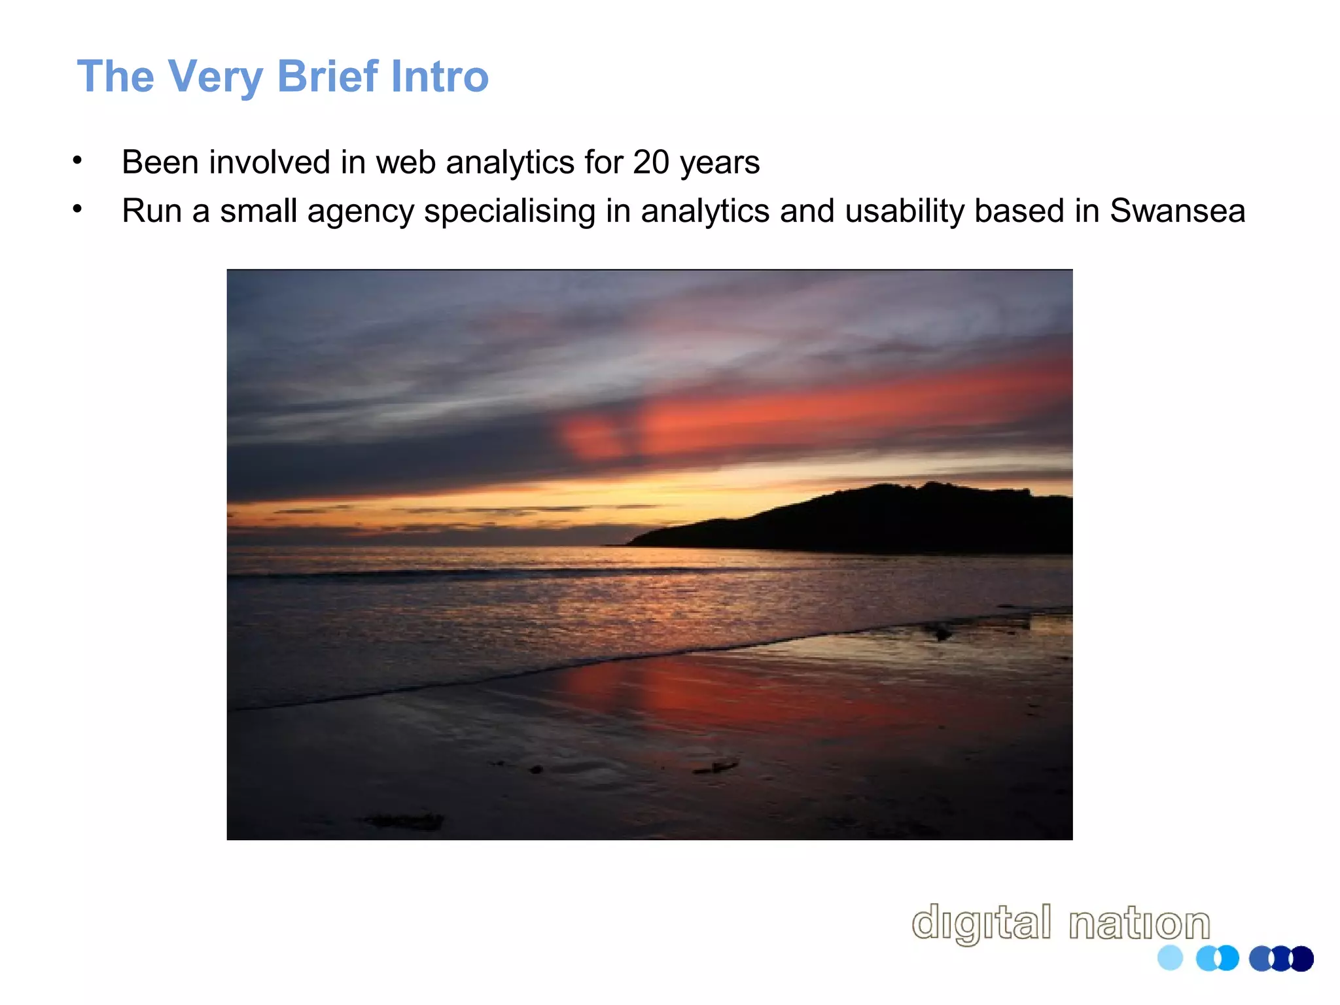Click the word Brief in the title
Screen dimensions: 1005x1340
tap(327, 76)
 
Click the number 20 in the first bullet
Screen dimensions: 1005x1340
tap(651, 162)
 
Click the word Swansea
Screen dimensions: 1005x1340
tap(1177, 211)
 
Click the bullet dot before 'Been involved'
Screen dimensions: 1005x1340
tap(77, 160)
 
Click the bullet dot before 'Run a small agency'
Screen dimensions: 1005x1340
tap(77, 209)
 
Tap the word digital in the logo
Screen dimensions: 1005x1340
tap(981, 923)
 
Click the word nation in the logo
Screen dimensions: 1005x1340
tap(1139, 923)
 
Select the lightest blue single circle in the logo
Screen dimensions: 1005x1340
tap(1170, 958)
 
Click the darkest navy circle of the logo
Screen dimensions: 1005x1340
tap(1302, 959)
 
